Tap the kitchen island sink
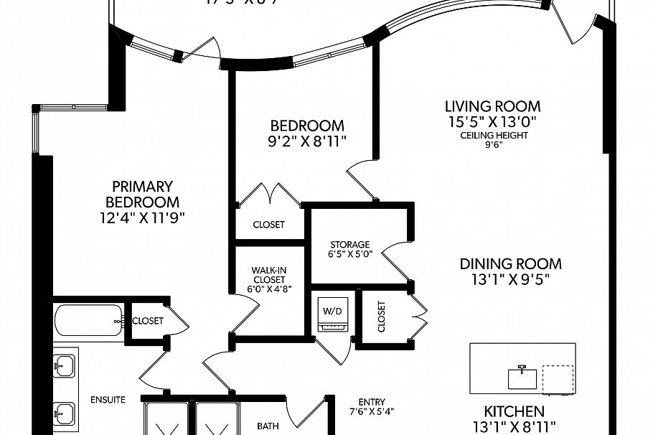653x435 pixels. [523, 377]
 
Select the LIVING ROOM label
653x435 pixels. [492, 106]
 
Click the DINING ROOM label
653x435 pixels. [510, 263]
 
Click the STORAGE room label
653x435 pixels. [349, 244]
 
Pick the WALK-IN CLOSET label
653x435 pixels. [269, 275]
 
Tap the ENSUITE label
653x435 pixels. [108, 399]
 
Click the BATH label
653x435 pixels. [268, 426]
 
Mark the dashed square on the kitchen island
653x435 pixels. [558, 380]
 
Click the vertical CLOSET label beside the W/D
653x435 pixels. [381, 316]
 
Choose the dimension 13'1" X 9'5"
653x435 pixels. [510, 280]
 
